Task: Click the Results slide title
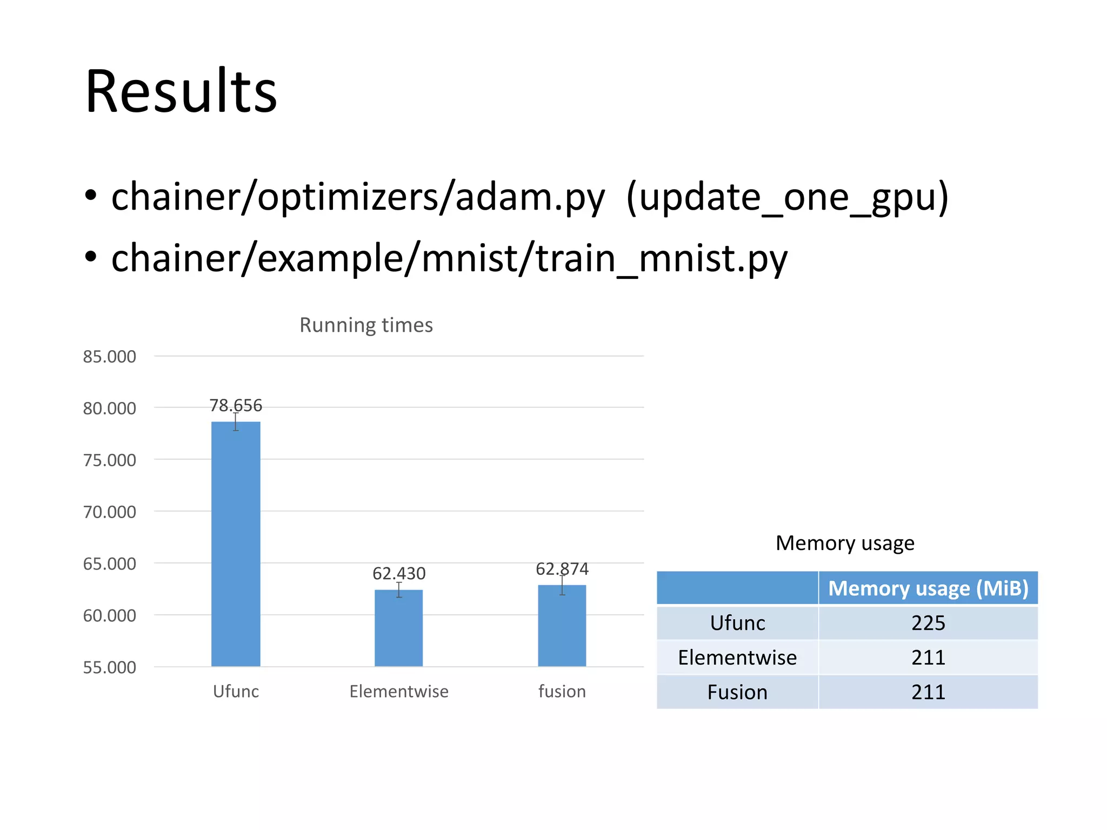[181, 92]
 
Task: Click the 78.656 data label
[236, 405]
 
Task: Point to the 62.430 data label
[399, 573]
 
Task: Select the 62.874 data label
[562, 569]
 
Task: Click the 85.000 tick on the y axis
[109, 357]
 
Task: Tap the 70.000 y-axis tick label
[109, 512]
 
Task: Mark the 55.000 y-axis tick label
[109, 667]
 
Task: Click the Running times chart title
[366, 325]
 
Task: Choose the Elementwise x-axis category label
[399, 692]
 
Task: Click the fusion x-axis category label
[562, 692]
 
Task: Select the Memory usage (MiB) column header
[928, 588]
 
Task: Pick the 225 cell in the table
[928, 623]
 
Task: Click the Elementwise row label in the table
[737, 658]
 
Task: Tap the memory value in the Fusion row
[928, 692]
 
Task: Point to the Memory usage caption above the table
[845, 543]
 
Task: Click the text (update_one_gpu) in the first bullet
[787, 197]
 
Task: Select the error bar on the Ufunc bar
[236, 421]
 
